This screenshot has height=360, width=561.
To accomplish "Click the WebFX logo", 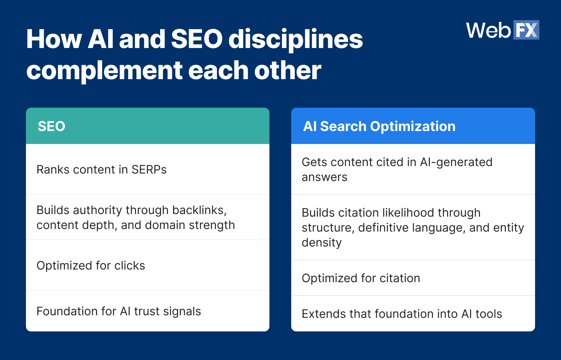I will (502, 30).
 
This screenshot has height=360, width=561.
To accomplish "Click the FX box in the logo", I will (526, 30).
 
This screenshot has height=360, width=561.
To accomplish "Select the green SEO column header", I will (148, 126).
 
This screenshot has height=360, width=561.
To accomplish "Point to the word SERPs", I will (149, 170).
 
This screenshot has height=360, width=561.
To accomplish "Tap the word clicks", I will (129, 266).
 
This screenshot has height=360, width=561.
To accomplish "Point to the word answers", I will (324, 177).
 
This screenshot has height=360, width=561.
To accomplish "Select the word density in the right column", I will (321, 243).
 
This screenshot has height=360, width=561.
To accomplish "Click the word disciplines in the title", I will (295, 39).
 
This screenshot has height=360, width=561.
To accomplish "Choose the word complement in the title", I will (104, 71).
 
